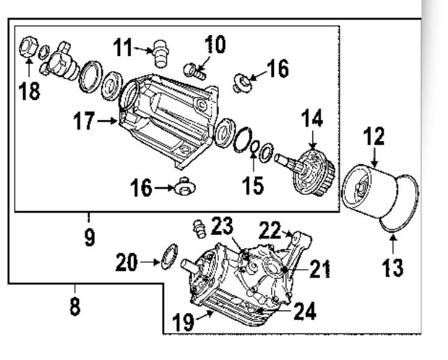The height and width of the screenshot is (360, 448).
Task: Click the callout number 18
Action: tap(29, 91)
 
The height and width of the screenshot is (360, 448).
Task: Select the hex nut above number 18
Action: tap(29, 47)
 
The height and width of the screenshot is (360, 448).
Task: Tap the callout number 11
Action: tap(122, 48)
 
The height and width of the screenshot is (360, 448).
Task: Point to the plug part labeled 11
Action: tap(161, 54)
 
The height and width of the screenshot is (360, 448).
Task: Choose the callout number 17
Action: tap(84, 121)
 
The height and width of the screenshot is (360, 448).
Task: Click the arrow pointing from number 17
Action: tap(107, 121)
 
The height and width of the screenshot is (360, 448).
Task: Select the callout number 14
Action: tap(312, 117)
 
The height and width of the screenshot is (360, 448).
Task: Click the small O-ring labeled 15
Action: tap(254, 146)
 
